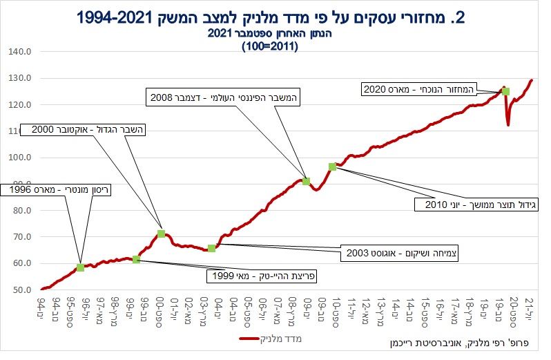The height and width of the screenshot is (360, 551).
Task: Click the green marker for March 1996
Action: pyautogui.click(x=80, y=267)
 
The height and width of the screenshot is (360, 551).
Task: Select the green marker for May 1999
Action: pyautogui.click(x=136, y=259)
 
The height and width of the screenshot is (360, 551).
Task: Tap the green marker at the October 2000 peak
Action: pyautogui.click(x=162, y=234)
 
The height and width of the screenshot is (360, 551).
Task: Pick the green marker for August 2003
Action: pyautogui.click(x=211, y=249)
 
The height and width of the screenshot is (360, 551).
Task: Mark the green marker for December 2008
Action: pyautogui.click(x=306, y=182)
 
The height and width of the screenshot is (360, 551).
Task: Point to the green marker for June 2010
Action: pyautogui.click(x=332, y=167)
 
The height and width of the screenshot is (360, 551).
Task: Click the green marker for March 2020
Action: pyautogui.click(x=505, y=91)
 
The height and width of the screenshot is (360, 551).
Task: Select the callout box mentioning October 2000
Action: pyautogui.click(x=83, y=130)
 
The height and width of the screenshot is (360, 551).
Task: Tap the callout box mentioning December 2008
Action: pyautogui.click(x=223, y=97)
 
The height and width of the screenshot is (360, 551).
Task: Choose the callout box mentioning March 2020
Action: pyautogui.click(x=418, y=89)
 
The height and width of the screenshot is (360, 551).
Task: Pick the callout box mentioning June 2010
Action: pyautogui.click(x=476, y=205)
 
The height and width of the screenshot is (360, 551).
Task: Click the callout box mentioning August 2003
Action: pyautogui.click(x=400, y=253)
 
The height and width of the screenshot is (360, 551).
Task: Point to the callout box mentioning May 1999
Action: pyautogui.click(x=262, y=276)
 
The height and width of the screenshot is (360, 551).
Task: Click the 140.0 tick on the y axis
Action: pyautogui.click(x=20, y=52)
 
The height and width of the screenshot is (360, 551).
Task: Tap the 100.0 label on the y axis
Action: pyautogui.click(x=20, y=157)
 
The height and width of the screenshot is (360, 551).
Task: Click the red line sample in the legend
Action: pyautogui.click(x=249, y=339)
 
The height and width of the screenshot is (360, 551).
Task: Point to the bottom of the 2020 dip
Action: pyautogui.click(x=508, y=125)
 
